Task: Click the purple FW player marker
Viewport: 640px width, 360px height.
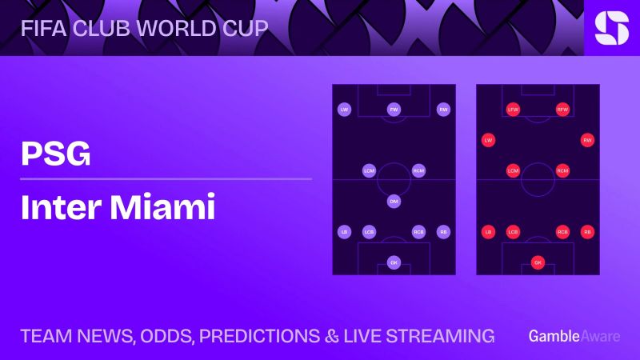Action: [394, 110]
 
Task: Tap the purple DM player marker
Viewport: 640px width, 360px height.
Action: [394, 202]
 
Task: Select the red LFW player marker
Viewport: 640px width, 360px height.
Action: [513, 110]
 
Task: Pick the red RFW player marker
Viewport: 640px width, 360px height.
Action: [562, 110]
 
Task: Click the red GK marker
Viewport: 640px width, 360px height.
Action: [538, 262]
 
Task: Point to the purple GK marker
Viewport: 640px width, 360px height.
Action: [394, 262]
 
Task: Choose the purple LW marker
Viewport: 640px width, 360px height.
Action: [345, 110]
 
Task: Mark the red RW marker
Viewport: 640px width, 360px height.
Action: [587, 140]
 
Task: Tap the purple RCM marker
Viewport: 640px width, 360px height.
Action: [418, 170]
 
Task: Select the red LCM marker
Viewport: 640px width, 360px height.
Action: [513, 170]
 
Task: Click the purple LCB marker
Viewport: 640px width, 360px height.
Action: [370, 232]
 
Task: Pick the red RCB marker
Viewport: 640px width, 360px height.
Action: [562, 232]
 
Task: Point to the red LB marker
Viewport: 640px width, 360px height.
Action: [488, 232]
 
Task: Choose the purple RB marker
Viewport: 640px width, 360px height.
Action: [443, 232]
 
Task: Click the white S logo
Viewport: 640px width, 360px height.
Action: [612, 28]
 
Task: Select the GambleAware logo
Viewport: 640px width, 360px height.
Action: [574, 336]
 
